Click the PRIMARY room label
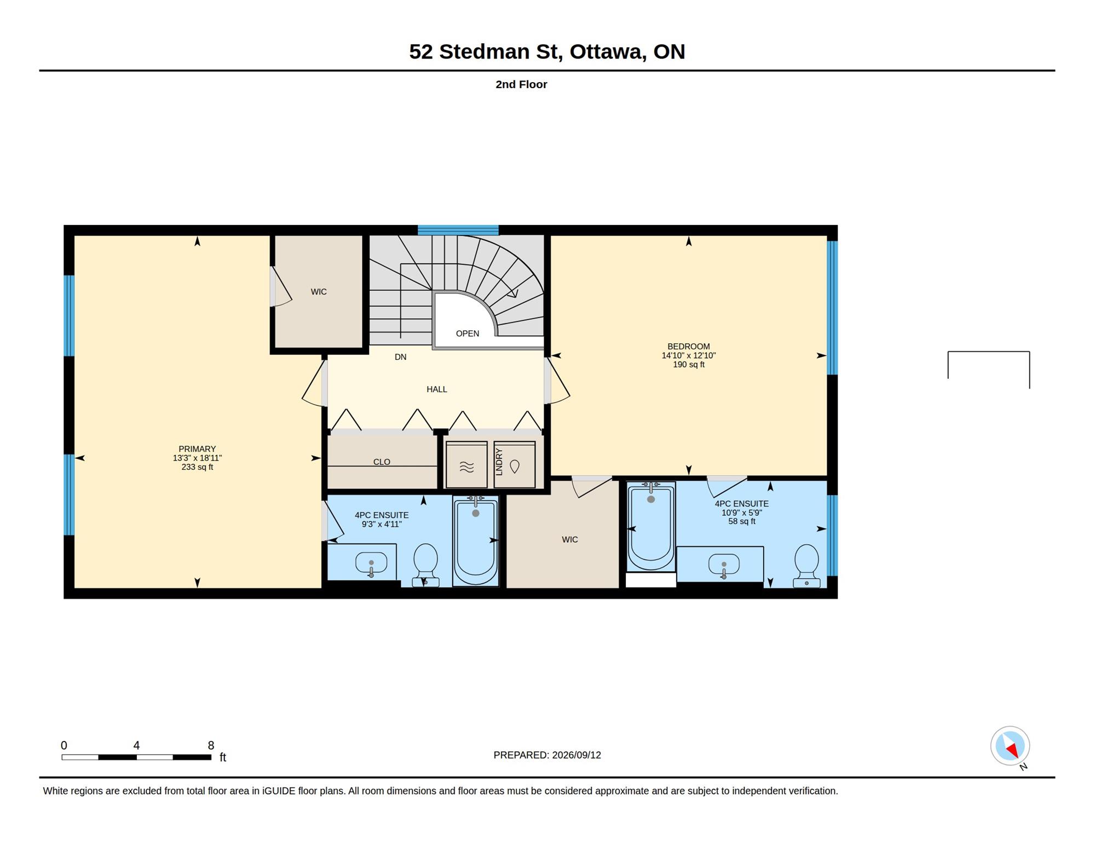tap(197, 449)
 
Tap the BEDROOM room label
tap(688, 347)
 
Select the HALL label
tap(437, 389)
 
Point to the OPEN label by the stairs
tap(468, 333)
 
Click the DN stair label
tap(400, 357)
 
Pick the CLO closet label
tap(382, 462)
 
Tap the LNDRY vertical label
tap(499, 462)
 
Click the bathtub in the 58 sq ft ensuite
tap(651, 526)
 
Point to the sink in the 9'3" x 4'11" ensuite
tap(371, 563)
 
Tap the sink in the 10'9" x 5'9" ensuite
tap(724, 565)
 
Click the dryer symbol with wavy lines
tap(466, 464)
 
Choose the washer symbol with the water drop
tap(515, 464)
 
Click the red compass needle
tap(1012, 750)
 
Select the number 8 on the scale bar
tap(211, 745)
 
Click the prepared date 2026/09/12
tap(577, 755)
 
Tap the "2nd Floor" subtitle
tap(521, 84)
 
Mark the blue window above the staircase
tap(458, 230)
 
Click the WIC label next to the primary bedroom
tap(319, 292)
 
